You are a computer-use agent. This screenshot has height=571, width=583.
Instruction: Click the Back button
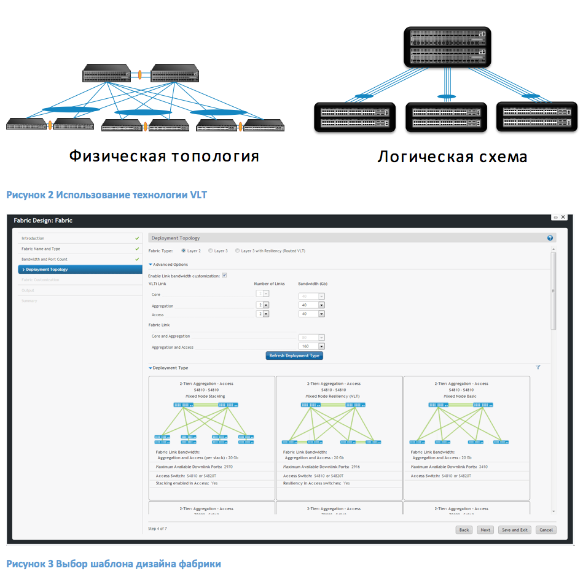(x=464, y=530)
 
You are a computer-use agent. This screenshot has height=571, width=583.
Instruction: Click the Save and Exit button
(x=514, y=530)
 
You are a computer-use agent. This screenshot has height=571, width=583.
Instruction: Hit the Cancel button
(x=546, y=530)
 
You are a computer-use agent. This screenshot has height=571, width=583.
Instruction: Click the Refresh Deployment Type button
(x=294, y=355)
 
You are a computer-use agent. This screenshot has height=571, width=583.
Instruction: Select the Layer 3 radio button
(x=211, y=251)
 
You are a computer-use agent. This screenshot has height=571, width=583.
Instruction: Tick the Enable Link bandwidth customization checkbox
(x=224, y=276)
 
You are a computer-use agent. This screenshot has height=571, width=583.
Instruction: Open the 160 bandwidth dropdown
(x=321, y=347)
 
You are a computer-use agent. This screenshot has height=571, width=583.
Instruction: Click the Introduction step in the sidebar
(x=33, y=238)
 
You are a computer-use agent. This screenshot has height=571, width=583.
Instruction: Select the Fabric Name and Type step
(x=41, y=249)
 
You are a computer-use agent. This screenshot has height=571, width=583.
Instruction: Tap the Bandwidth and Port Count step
(x=45, y=259)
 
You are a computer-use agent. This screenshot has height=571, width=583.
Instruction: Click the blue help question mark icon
(x=550, y=238)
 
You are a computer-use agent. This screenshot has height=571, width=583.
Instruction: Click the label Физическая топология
(x=163, y=156)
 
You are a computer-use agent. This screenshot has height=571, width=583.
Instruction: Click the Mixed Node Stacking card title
(x=206, y=397)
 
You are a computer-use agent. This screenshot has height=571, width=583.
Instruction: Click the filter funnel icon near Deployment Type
(x=538, y=368)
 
